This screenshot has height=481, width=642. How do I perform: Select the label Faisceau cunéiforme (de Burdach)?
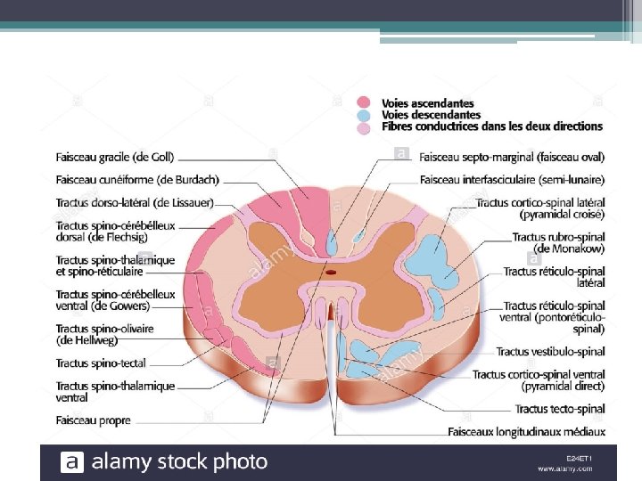(137, 180)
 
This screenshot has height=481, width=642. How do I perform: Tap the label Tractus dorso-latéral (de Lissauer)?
(135, 202)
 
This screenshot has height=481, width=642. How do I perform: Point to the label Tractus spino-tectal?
(101, 363)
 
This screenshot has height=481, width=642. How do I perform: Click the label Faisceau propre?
(93, 420)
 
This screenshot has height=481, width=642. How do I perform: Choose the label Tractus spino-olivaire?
(104, 329)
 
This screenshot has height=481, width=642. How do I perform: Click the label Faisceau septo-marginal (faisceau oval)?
(512, 157)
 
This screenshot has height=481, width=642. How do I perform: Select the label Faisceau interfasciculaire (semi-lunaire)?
(513, 180)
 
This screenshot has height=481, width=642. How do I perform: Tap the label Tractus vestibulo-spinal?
(551, 352)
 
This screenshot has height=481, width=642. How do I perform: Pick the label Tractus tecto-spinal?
(560, 409)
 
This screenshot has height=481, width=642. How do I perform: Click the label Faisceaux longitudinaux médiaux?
(527, 432)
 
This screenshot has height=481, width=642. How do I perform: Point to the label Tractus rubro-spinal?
(559, 238)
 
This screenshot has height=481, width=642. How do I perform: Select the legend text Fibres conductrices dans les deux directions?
(492, 126)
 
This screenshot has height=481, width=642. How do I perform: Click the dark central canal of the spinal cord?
(331, 273)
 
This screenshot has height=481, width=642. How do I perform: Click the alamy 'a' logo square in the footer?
(72, 461)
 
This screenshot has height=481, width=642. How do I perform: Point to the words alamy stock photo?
(179, 461)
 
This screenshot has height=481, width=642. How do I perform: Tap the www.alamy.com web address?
(565, 469)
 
